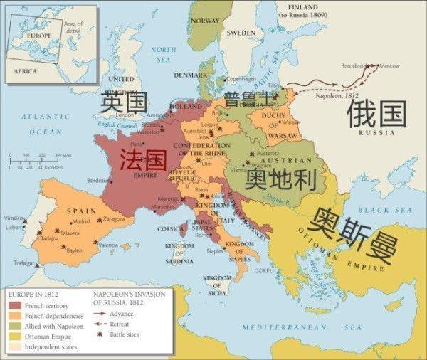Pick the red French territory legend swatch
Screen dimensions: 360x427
pyautogui.click(x=15, y=305)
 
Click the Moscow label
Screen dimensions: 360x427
pyautogui.click(x=389, y=65)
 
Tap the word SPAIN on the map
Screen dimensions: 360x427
pyautogui.click(x=81, y=211)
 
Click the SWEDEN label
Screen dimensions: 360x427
pyautogui.click(x=241, y=33)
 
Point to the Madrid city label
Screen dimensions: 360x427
pyautogui.click(x=80, y=221)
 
